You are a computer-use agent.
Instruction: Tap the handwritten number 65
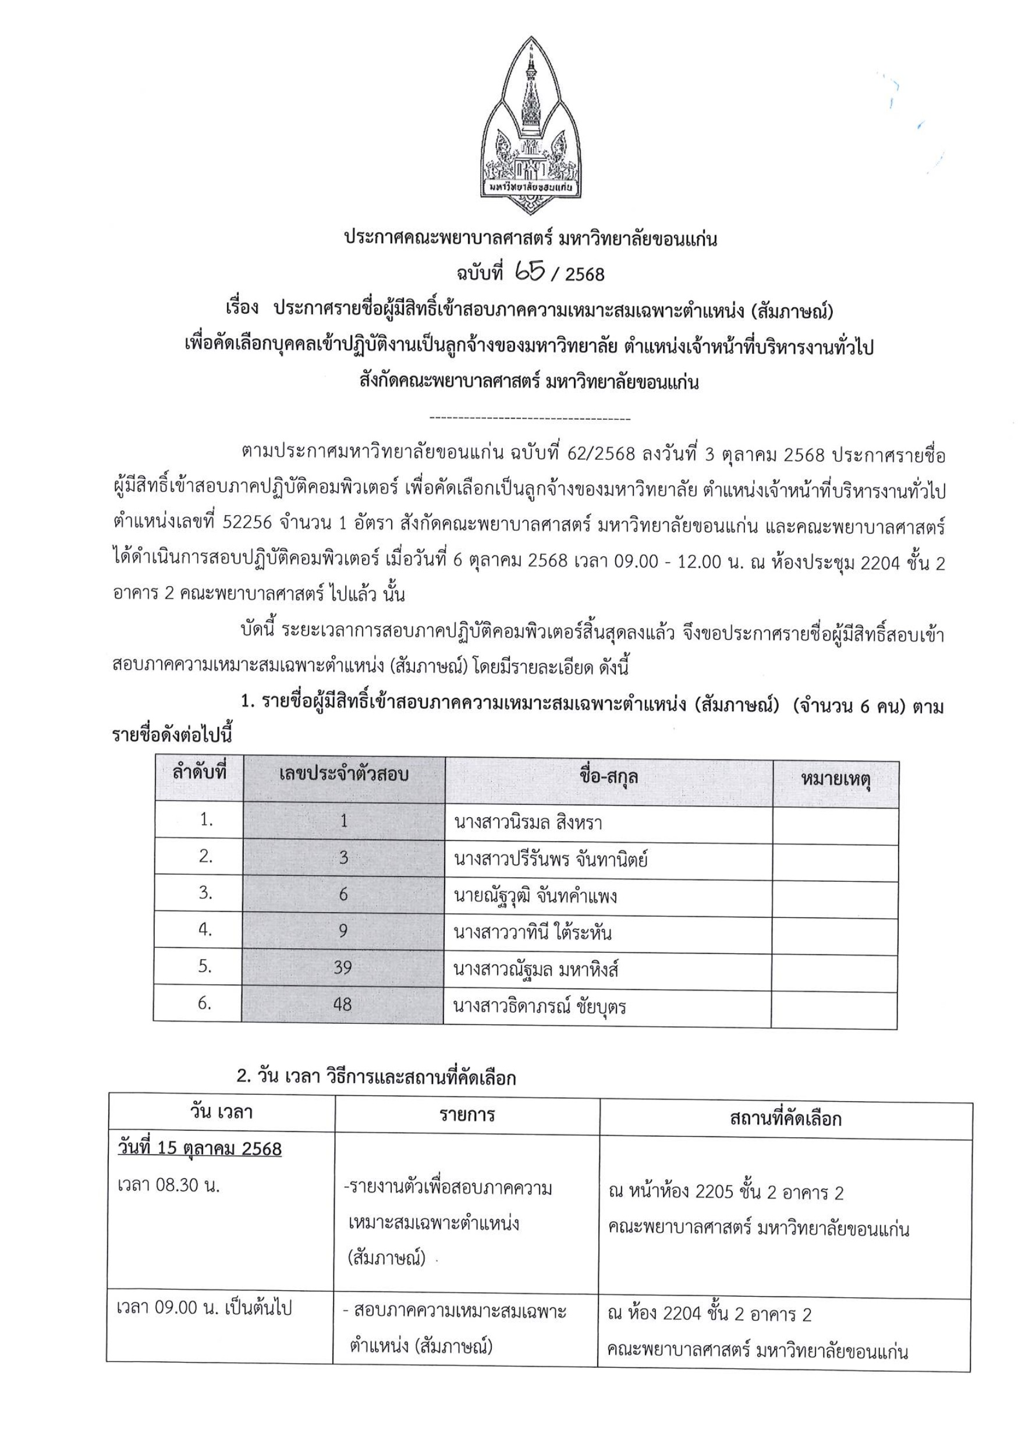point(530,272)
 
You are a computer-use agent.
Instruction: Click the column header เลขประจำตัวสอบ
point(344,775)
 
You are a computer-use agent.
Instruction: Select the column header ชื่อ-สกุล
point(608,776)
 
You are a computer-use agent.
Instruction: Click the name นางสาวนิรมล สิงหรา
point(528,822)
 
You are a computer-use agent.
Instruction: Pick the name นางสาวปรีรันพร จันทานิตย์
point(551,859)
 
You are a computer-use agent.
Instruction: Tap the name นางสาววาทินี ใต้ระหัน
point(533,932)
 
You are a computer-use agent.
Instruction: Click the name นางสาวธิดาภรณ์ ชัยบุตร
point(540,1006)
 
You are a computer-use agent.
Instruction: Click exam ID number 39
point(342,967)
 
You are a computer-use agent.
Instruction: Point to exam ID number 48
point(342,1004)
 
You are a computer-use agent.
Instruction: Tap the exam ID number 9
point(343,930)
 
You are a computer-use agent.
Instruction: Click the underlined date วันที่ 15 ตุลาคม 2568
point(200,1148)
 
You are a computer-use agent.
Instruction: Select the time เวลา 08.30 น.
point(169,1185)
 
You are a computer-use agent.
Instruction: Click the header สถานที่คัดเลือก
point(785,1119)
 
